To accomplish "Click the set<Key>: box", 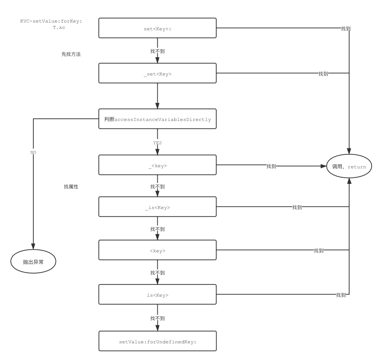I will click(x=157, y=28).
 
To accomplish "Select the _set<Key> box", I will click(x=157, y=73).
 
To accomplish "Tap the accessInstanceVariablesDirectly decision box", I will click(x=157, y=119).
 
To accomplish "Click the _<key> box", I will click(x=157, y=165).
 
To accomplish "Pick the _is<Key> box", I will click(x=157, y=207).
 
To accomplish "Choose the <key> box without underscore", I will click(x=157, y=250).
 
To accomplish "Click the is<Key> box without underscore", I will click(x=157, y=295).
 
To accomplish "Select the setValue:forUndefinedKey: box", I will click(x=157, y=341).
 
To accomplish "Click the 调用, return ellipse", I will click(x=348, y=166).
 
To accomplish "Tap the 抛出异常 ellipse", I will click(x=33, y=262).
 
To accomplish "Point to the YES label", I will click(x=157, y=142).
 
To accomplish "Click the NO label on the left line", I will click(x=33, y=152).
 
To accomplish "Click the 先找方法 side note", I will click(x=71, y=54).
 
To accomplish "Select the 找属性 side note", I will click(x=71, y=187).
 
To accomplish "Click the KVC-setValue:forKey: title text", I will click(x=51, y=21).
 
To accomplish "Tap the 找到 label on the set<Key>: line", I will click(x=345, y=28).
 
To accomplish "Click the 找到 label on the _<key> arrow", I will click(x=271, y=166).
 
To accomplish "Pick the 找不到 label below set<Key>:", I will click(x=157, y=51).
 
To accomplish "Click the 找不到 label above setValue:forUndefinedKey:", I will click(x=157, y=318).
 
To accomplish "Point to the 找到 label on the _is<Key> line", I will click(x=297, y=207).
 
